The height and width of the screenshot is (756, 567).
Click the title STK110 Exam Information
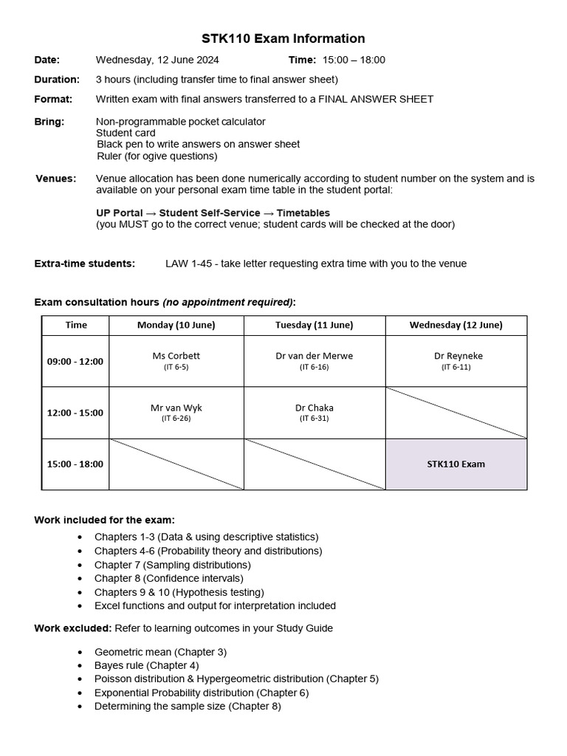click(283, 38)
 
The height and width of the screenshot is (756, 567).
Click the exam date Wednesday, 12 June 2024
click(157, 60)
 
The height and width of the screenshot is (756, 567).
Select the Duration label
click(57, 79)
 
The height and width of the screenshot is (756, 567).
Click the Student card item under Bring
click(126, 133)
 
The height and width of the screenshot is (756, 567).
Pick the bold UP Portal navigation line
click(213, 213)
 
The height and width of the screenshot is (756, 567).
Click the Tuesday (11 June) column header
click(314, 325)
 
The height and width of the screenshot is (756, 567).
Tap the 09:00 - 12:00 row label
click(75, 361)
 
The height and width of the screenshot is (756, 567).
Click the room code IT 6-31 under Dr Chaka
click(314, 419)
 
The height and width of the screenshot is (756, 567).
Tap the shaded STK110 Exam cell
click(456, 464)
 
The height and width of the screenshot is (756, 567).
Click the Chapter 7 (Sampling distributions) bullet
click(173, 565)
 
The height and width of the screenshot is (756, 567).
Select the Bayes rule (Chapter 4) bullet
click(146, 665)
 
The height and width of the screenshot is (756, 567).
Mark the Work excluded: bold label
click(73, 628)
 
